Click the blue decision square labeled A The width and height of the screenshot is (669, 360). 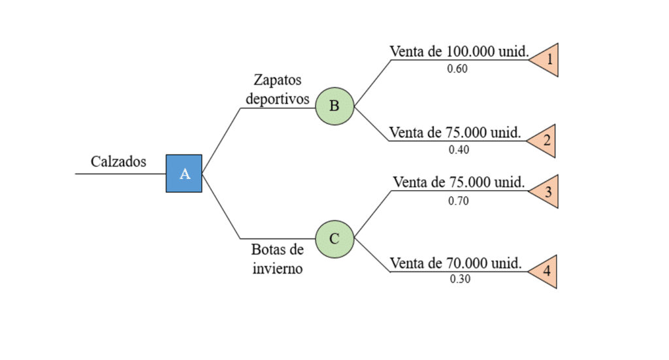pyautogui.click(x=184, y=174)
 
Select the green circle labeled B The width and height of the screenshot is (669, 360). pyautogui.click(x=334, y=106)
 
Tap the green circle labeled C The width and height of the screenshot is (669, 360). pyautogui.click(x=334, y=238)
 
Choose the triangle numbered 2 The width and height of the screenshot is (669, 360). pyautogui.click(x=545, y=140)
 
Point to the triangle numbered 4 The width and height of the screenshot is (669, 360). pyautogui.click(x=545, y=271)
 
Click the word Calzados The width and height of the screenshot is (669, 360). pyautogui.click(x=118, y=161)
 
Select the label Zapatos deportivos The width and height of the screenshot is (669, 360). pyautogui.click(x=278, y=90)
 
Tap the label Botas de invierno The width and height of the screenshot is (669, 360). pyautogui.click(x=278, y=259)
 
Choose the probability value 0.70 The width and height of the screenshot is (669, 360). pyautogui.click(x=458, y=201)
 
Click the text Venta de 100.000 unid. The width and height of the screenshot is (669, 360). pyautogui.click(x=459, y=52)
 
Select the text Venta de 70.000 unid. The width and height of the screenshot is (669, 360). pyautogui.click(x=455, y=263)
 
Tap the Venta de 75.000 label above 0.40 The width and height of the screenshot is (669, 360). pyautogui.click(x=455, y=133)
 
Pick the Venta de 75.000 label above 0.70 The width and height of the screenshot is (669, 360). pyautogui.click(x=459, y=182)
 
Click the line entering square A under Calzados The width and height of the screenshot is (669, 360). pyautogui.click(x=120, y=174)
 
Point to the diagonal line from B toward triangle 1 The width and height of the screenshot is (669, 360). pyautogui.click(x=372, y=83)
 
